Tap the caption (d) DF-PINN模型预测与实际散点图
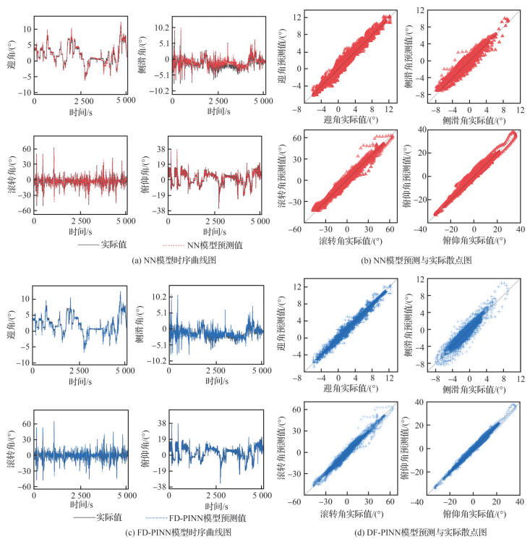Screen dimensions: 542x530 (x=402, y=532)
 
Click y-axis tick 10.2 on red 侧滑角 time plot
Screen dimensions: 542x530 (x=161, y=27)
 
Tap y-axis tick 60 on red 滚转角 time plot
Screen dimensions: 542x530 (x=27, y=149)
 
